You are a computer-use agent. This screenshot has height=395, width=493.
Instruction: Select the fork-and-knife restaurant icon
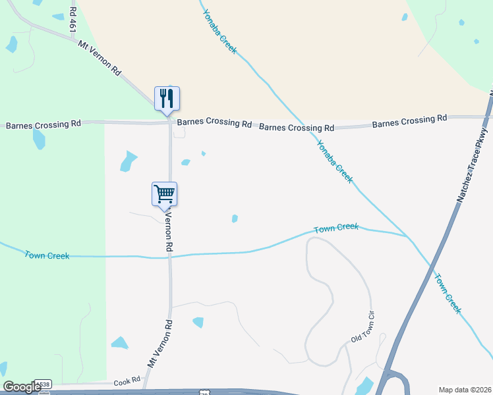167,99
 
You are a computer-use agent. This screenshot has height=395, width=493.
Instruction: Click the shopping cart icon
164,194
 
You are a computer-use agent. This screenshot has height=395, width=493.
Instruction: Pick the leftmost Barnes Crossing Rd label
43,124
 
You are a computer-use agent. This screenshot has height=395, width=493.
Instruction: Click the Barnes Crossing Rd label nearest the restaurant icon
214,122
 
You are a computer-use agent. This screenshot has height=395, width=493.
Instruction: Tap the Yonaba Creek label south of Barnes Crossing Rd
335,161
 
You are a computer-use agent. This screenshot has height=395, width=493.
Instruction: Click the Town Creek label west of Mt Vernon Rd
47,255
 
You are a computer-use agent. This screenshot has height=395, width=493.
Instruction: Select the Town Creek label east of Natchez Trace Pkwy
447,294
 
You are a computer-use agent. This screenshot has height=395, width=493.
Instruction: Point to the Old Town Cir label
366,327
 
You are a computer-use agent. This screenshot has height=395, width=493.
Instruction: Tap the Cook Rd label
127,381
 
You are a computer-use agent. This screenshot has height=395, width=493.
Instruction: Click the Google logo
21,387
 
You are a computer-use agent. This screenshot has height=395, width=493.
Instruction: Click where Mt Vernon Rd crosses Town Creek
170,256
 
